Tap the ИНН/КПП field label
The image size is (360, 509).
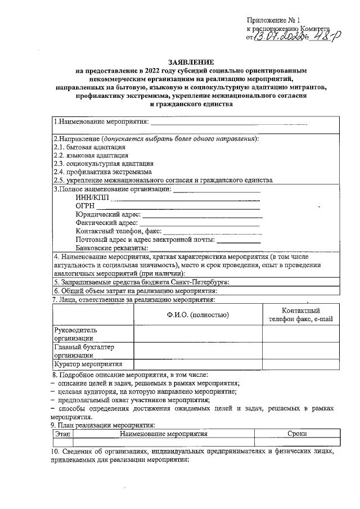tap(91, 197)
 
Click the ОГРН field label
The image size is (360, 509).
tap(84, 206)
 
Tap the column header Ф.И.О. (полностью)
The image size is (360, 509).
tap(197, 315)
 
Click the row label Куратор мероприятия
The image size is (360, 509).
tap(89, 365)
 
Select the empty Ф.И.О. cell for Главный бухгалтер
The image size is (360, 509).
tap(197, 352)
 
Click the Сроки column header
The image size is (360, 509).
tap(296, 434)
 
